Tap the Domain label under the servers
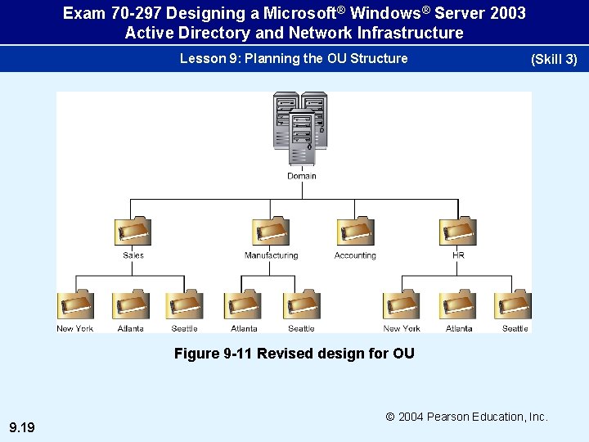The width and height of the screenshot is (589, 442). pos(302,176)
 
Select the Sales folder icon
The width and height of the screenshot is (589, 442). pos(133,232)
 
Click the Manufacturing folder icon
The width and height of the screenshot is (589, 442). pos(271,232)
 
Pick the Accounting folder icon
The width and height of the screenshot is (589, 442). pos(355,232)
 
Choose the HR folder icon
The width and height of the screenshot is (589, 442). pos(458,232)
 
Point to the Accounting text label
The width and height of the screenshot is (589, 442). pos(355,255)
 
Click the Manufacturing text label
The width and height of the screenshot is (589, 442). pos(271,255)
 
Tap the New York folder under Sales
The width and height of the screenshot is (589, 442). pos(75,305)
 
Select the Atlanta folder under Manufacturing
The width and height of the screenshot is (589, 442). pos(244,305)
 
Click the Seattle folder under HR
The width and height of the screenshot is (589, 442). pos(514,305)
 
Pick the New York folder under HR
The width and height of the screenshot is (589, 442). pos(402,305)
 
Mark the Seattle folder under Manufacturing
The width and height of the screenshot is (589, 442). pos(301,305)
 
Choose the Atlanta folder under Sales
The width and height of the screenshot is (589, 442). pos(131,305)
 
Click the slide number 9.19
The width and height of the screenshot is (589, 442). pos(21,426)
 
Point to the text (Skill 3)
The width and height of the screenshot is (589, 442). pos(554,59)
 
